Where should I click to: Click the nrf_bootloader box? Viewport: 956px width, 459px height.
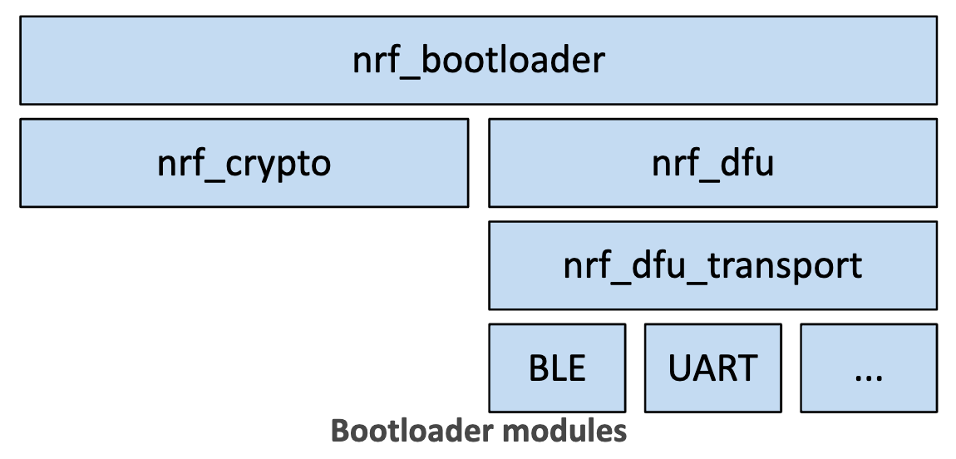coord(478,61)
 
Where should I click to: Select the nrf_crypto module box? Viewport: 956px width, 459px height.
coord(244,163)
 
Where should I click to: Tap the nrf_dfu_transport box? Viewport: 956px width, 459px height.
coord(712,265)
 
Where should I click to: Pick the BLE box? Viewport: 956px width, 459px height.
coord(557,368)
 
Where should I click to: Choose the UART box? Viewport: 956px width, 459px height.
coord(712,368)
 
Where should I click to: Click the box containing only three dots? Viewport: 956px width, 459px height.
coord(869,368)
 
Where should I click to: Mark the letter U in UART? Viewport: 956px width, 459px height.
coord(679,368)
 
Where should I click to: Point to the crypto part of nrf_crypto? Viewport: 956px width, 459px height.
coord(278,165)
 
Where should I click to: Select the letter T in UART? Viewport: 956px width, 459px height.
coord(747,368)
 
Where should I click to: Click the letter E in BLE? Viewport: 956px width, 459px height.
coord(576,368)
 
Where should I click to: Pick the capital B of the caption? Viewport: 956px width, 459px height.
coord(341,431)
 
